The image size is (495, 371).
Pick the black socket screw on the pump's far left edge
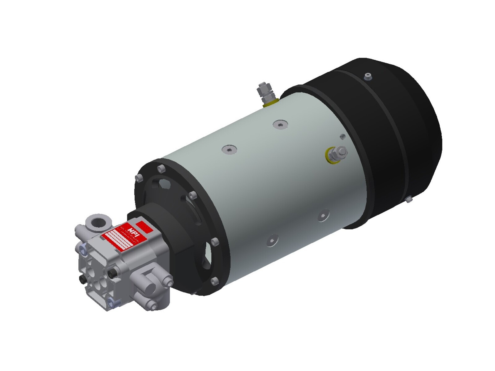click(83, 279)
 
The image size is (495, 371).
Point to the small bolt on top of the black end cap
click(368, 76)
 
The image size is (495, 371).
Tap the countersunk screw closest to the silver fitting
click(280, 125)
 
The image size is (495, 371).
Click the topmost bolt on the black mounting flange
click(160, 169)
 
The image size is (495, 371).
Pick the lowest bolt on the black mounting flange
click(214, 281)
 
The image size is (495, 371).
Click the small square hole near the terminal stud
click(342, 136)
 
